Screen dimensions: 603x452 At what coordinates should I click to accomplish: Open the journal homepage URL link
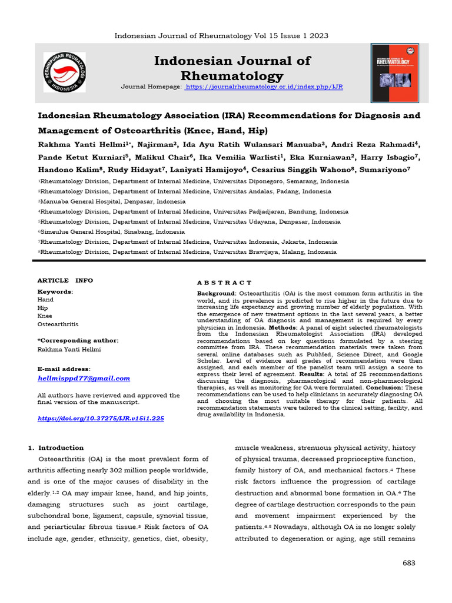(x=264, y=87)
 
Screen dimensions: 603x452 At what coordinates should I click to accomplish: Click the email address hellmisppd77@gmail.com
(x=84, y=378)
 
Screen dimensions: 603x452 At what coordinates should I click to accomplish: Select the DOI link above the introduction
(x=101, y=418)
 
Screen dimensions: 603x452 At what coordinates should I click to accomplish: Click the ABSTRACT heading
(x=224, y=283)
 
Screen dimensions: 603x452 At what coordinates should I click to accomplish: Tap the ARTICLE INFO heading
(x=65, y=280)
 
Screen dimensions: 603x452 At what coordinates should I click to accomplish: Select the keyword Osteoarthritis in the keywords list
(x=58, y=324)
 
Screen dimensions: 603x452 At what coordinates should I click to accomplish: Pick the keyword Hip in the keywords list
(x=42, y=307)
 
